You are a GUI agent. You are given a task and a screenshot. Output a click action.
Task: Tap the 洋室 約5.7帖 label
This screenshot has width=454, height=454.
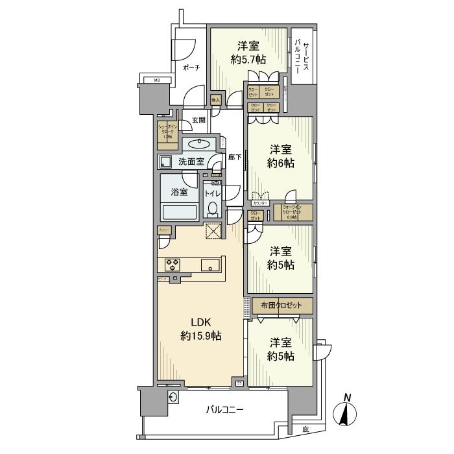(248, 53)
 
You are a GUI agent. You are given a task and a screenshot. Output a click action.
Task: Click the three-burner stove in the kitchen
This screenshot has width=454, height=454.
(173, 264)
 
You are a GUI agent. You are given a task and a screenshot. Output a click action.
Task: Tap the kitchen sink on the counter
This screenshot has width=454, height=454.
(210, 264)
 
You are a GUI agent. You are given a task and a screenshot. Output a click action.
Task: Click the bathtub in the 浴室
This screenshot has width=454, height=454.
(180, 212)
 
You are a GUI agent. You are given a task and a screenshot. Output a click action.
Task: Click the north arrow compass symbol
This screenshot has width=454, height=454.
(348, 411)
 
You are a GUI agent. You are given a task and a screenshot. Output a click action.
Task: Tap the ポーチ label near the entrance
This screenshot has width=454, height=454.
(191, 67)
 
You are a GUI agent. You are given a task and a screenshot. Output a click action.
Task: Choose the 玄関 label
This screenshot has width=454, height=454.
(198, 120)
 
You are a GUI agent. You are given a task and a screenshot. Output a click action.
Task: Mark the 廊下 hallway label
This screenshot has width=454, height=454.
(235, 157)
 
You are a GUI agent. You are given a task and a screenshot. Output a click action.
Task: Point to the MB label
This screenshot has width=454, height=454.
(156, 80)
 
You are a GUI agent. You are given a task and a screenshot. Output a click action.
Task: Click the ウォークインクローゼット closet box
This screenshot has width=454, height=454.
(293, 211)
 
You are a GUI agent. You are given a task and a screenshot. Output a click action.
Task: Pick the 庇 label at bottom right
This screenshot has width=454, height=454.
(305, 429)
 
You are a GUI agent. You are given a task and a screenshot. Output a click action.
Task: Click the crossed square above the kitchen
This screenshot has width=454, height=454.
(212, 232)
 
